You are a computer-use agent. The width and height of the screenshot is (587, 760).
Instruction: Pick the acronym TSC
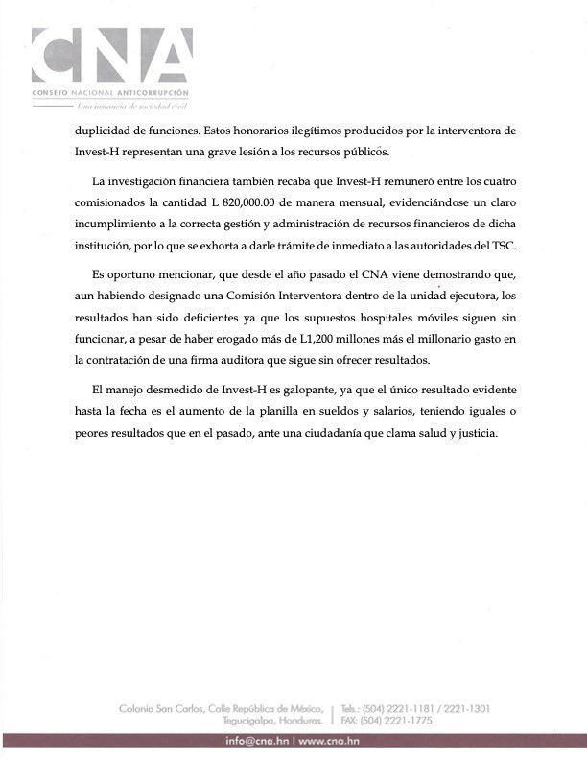coord(502,247)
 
